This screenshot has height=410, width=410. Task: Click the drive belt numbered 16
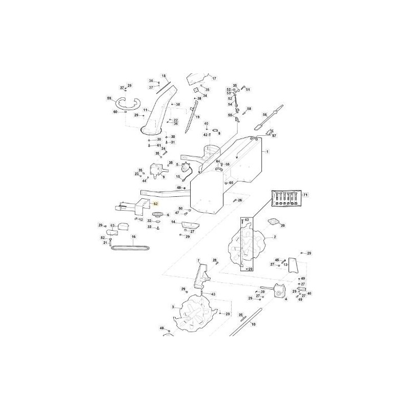click(x=132, y=248)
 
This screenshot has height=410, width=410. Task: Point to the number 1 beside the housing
click(x=266, y=152)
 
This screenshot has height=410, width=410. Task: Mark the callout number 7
click(x=198, y=261)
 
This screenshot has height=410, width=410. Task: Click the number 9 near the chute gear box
click(x=163, y=177)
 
